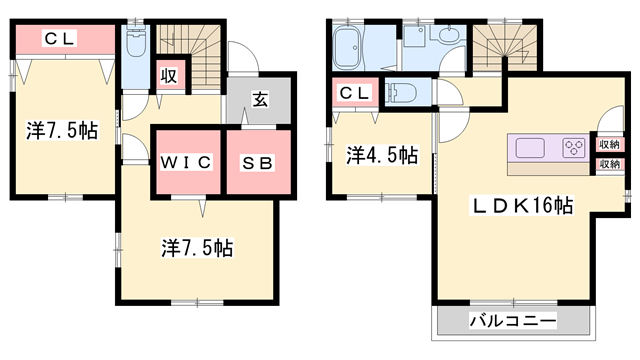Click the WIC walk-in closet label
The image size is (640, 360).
tap(185, 162)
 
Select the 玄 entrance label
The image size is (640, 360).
tap(258, 100)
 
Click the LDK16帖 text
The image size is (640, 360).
tap(522, 207)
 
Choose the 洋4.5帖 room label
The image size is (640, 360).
tap(382, 155)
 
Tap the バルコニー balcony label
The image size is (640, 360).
tap(513, 323)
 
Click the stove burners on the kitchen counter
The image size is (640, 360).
tap(575, 149)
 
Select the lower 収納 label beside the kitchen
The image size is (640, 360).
tap(608, 164)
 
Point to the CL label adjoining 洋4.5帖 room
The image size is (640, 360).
tap(353, 94)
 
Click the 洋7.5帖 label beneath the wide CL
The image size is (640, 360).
tap(62, 130)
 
